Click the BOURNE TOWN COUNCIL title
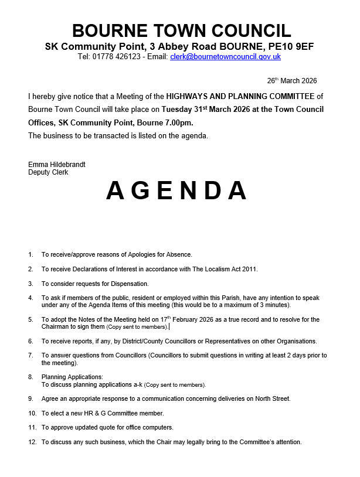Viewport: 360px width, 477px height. point(181,31)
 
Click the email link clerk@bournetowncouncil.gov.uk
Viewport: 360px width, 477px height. point(225,57)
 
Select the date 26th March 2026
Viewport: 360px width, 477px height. point(292,81)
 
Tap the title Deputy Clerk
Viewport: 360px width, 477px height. point(48,172)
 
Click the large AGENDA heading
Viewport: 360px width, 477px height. point(176,190)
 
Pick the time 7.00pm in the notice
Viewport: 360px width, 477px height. point(179,122)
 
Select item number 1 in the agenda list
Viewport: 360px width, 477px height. point(30,254)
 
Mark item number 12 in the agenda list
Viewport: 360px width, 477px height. point(32,442)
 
